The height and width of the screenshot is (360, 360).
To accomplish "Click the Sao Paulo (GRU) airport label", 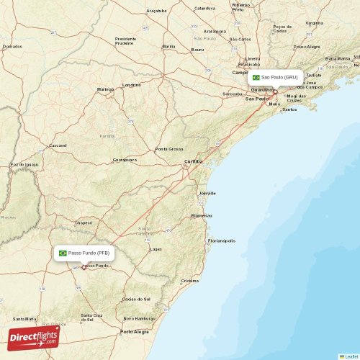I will [x=279, y=77].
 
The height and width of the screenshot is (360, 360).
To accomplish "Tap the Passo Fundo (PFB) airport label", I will [x=89, y=253].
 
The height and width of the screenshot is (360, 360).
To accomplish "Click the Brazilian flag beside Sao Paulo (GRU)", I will [x=256, y=77].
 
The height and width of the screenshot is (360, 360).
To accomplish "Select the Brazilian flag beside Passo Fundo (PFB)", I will [x=63, y=253].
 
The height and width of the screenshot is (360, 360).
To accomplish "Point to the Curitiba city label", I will [x=193, y=161].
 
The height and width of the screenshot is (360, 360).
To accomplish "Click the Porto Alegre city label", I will [x=135, y=332].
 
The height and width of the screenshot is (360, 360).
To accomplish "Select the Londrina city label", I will [x=132, y=84].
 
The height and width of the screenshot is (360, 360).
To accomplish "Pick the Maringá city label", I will [x=106, y=89].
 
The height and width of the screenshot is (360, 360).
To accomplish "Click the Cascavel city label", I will [x=57, y=145].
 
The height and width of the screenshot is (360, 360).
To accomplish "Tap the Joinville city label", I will [x=207, y=194].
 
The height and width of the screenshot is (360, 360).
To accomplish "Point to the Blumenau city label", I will [x=202, y=215].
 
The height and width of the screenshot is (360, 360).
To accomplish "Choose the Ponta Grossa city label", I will [x=169, y=149].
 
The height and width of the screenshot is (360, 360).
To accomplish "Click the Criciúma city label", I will [x=190, y=280].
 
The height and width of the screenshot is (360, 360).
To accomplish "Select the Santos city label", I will [x=289, y=109].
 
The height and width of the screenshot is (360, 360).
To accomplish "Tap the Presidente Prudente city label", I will [x=125, y=40].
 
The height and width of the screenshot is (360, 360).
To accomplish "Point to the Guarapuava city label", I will [x=125, y=159].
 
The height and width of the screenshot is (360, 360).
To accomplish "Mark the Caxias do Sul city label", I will [x=137, y=298].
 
